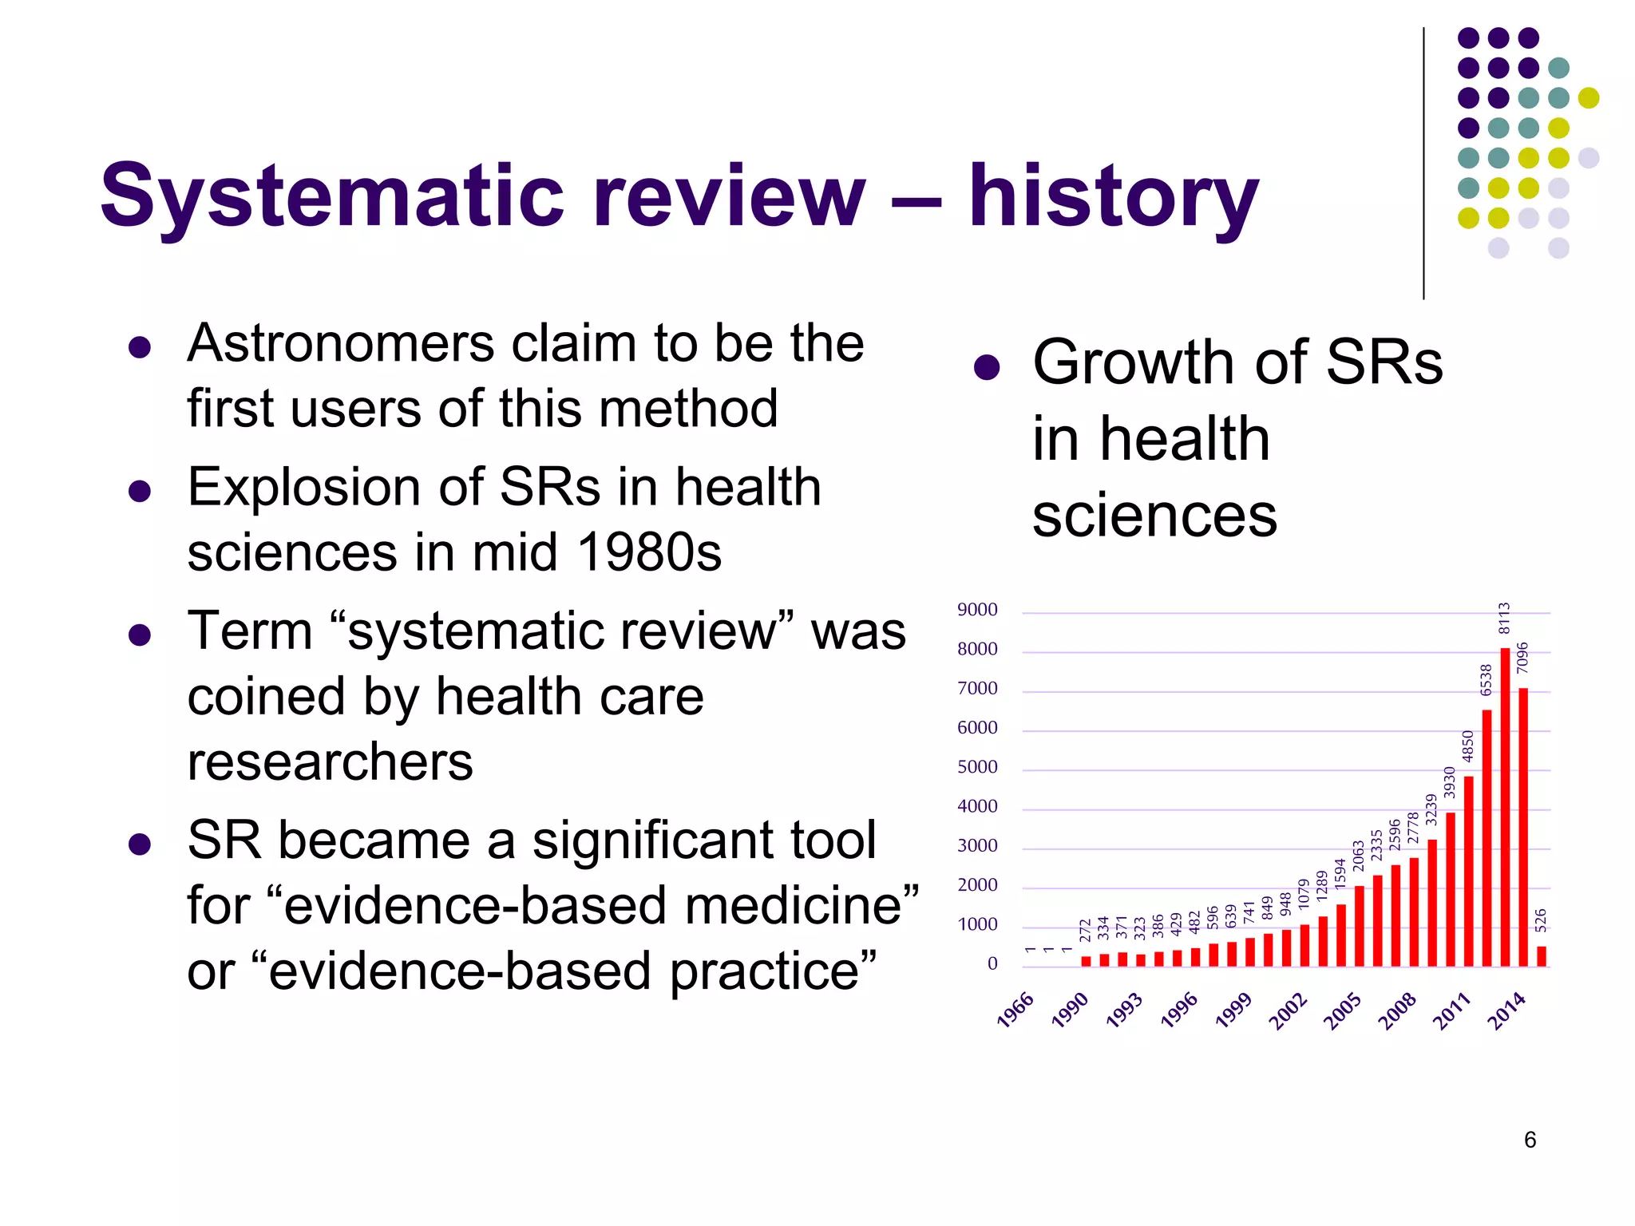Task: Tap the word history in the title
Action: pyautogui.click(x=1113, y=196)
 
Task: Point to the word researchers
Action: pyautogui.click(x=330, y=761)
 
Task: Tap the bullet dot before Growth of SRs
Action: pyautogui.click(x=987, y=366)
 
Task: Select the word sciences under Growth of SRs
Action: pyautogui.click(x=1154, y=516)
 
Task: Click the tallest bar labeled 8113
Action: pyautogui.click(x=1505, y=806)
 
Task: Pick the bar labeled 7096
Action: pyautogui.click(x=1523, y=826)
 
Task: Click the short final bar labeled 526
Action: pyautogui.click(x=1542, y=956)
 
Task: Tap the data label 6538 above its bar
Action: pyautogui.click(x=1486, y=679)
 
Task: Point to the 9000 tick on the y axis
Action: pyautogui.click(x=977, y=611)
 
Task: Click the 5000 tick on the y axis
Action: pyautogui.click(x=977, y=767)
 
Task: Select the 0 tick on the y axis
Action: pyautogui.click(x=992, y=964)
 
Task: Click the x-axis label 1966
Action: pyautogui.click(x=1015, y=1010)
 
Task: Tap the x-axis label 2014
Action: pyautogui.click(x=1506, y=1011)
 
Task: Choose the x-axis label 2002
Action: pyautogui.click(x=1288, y=1011)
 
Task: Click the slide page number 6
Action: pyautogui.click(x=1530, y=1140)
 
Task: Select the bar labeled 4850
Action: pyautogui.click(x=1468, y=870)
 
